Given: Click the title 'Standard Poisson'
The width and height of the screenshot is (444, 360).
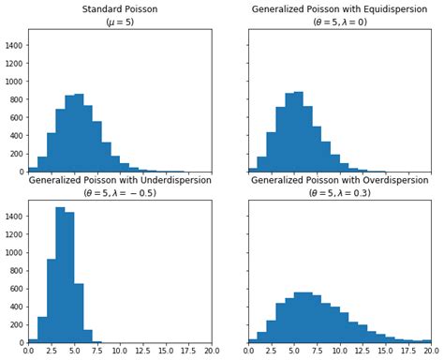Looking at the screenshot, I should point(120,9).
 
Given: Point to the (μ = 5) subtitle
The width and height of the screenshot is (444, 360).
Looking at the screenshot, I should point(120,22).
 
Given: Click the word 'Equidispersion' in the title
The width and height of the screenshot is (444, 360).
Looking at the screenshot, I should point(381,9).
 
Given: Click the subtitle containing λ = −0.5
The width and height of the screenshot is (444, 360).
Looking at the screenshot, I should point(120,193).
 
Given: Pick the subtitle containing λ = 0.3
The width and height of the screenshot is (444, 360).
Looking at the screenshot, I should point(339,193).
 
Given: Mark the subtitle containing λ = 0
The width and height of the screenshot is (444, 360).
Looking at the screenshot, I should point(339,22).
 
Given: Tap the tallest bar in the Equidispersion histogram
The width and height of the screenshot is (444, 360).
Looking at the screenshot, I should point(299,132).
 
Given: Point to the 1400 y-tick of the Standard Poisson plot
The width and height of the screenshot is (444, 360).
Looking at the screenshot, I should point(13,44).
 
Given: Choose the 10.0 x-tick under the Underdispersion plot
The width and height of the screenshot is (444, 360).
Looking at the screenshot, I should point(120,352).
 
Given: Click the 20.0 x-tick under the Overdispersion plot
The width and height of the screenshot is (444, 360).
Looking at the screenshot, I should point(430,352).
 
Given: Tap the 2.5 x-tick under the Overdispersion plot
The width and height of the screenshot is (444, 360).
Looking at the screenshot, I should point(271,352).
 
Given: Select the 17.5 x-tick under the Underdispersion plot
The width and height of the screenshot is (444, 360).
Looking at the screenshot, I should point(188,352).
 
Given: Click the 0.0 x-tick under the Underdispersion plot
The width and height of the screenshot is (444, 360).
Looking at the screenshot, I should point(28,352).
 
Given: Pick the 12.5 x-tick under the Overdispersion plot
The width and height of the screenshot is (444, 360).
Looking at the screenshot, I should point(363,352).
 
